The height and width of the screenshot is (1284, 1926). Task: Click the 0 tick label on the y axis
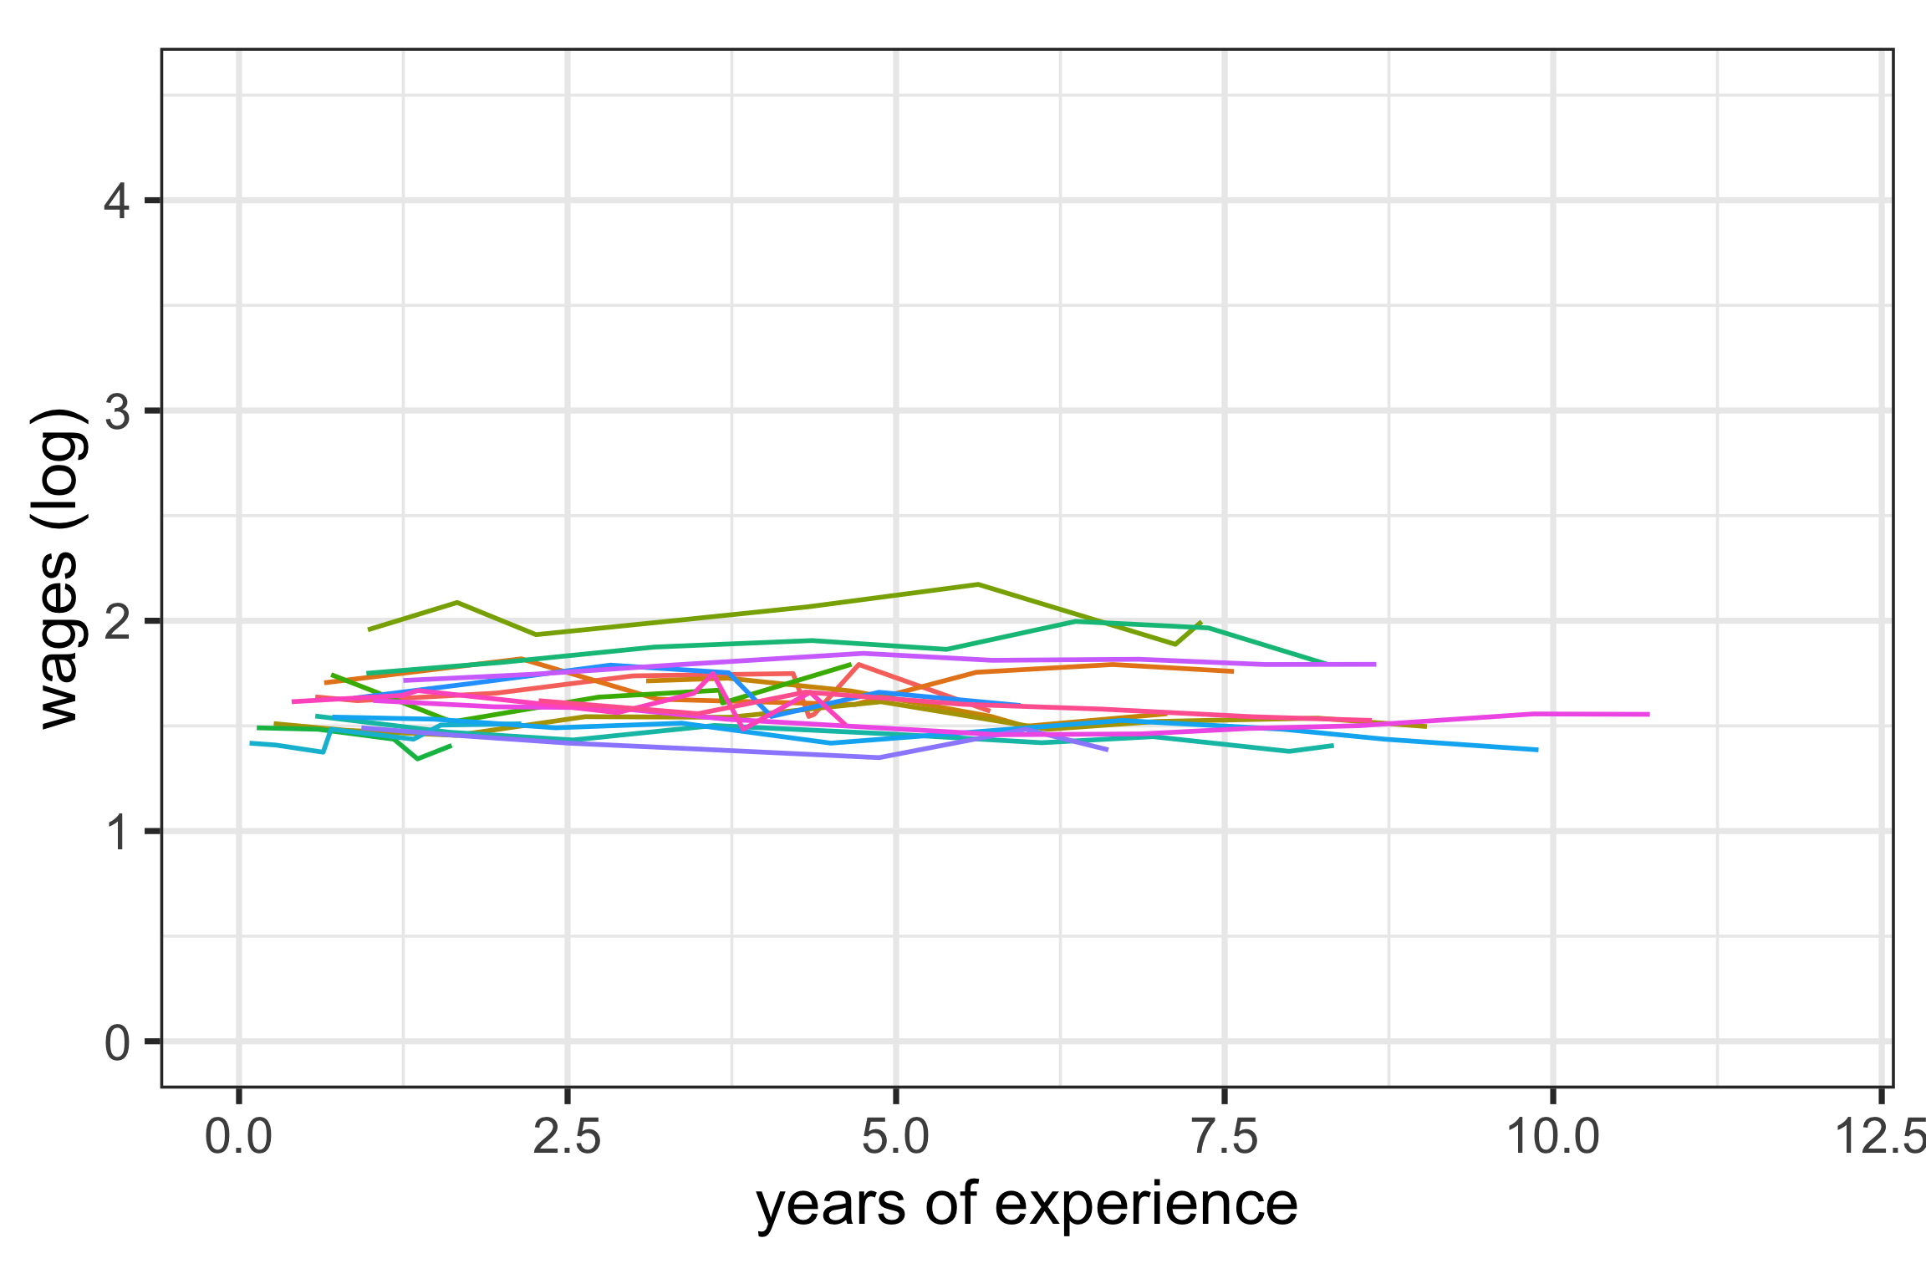pos(117,1042)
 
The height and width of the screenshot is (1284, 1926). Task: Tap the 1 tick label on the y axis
pos(117,832)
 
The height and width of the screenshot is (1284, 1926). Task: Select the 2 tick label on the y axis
pos(117,621)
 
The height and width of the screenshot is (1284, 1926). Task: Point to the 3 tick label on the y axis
pos(117,411)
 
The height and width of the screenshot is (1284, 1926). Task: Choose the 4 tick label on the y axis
pos(117,201)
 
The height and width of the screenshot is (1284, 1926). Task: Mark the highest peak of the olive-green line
pos(978,584)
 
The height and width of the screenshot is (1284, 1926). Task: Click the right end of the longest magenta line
pos(1648,714)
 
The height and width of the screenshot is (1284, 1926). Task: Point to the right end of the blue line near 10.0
pos(1537,750)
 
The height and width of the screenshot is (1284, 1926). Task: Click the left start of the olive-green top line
pos(369,629)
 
